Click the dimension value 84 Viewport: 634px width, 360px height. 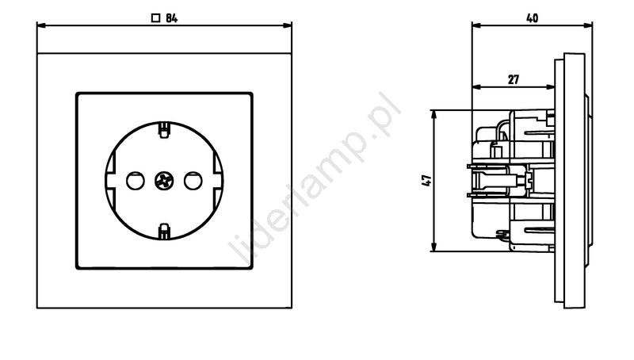(x=171, y=18)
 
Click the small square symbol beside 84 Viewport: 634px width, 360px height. (x=155, y=18)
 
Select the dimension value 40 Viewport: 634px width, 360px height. (x=532, y=18)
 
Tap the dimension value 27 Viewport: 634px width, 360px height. (x=513, y=79)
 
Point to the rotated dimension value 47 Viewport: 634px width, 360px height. (x=426, y=181)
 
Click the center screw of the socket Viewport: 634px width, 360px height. (x=164, y=181)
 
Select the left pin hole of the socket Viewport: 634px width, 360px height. (x=136, y=181)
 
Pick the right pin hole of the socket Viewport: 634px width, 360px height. (x=193, y=181)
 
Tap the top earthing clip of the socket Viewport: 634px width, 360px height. (x=164, y=130)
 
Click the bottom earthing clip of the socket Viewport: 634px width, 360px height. (x=164, y=231)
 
